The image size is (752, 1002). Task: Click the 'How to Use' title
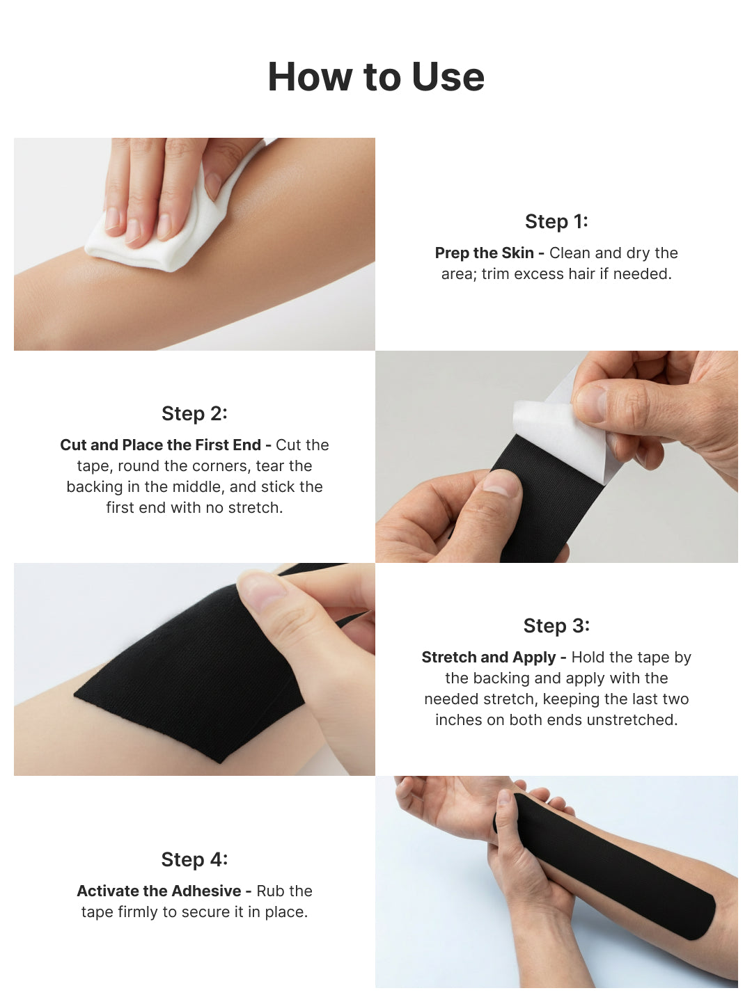(376, 77)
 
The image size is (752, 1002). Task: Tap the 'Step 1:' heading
(556, 221)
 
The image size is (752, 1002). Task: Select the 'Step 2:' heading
(194, 413)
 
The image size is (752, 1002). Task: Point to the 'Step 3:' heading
(556, 626)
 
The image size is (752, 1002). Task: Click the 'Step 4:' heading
(194, 859)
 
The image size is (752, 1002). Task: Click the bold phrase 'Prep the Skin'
(485, 253)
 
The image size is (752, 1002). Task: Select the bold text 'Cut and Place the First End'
(160, 445)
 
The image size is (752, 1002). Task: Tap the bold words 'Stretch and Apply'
(489, 658)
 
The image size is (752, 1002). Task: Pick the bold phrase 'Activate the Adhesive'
(159, 891)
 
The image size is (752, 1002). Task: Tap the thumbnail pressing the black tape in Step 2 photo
(501, 482)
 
